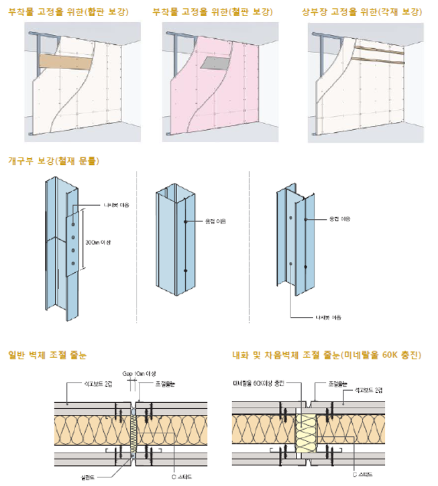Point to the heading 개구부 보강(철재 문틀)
point(53,162)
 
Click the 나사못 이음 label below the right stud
point(326,317)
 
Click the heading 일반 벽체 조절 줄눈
point(46,354)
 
